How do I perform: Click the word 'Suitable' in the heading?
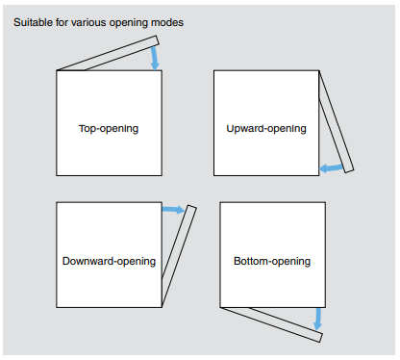pos(33,22)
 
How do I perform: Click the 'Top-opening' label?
pos(109,129)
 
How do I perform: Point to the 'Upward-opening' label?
pos(266,129)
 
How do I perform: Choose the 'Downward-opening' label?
pos(109,261)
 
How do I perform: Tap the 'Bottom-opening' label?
pos(272,261)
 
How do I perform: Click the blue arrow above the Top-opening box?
pos(155,58)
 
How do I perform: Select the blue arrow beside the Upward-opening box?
pos(332,167)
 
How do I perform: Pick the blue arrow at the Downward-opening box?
pos(173,210)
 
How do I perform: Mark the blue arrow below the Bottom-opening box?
pos(317,319)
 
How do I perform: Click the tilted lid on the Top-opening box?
pos(108,54)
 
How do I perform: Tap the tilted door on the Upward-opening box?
pos(337,122)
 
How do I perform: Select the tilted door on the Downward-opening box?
pos(179,256)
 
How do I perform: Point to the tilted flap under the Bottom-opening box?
pos(271,324)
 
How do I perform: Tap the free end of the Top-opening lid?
pos(158,40)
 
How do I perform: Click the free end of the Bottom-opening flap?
pos(321,338)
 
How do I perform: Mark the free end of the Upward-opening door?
pos(349,171)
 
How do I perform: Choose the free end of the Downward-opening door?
pos(191,207)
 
